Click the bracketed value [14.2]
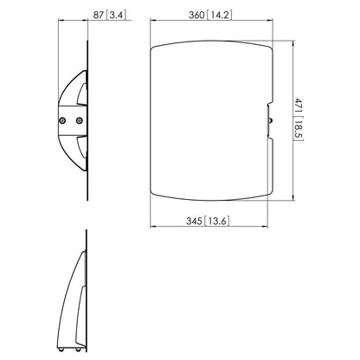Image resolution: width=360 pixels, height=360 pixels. pos(222,16)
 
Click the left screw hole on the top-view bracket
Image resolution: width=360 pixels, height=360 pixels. pos(66,119)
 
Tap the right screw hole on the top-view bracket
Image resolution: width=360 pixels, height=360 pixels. pos(80,119)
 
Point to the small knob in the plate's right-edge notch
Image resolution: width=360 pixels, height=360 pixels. pos(269,120)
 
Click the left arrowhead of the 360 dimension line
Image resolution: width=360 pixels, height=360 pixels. pos(154,22)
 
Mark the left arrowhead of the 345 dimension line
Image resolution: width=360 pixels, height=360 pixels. pos(154,228)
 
